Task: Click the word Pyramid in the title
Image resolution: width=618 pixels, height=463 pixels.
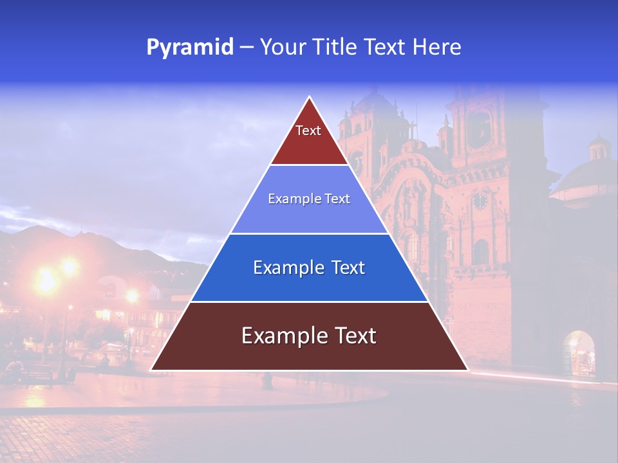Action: coord(190,48)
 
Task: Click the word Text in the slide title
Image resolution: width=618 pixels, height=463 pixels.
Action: coord(386,48)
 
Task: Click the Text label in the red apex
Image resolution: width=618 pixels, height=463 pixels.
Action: coord(308,131)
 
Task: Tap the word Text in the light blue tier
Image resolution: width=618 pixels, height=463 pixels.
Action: coord(337,199)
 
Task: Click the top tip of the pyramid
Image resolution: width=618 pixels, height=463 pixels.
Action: coord(310,98)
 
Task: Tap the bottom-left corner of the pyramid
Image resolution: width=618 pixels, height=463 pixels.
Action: coord(152,370)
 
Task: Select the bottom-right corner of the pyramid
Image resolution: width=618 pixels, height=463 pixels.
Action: coord(467,370)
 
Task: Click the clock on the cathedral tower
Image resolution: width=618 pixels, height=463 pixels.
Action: coord(480,201)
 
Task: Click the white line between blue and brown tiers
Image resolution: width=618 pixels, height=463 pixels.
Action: coord(310,302)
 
